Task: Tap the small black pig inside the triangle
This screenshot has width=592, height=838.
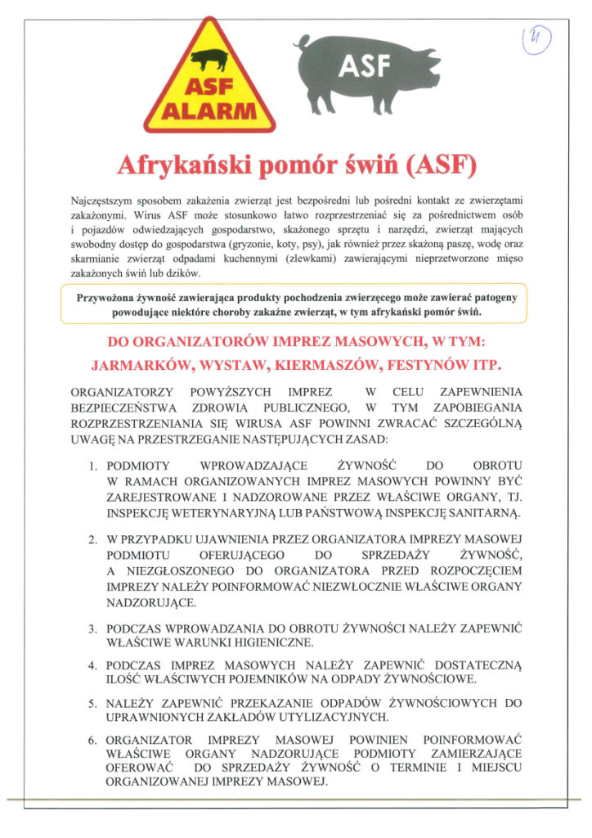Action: point(211,59)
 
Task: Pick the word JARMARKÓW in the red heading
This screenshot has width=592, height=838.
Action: point(155,362)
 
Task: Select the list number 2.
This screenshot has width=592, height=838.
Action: point(93,541)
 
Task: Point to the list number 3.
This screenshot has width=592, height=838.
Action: point(93,628)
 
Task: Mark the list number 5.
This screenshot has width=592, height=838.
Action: point(93,702)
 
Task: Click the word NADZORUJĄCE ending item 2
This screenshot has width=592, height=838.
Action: point(150,602)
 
